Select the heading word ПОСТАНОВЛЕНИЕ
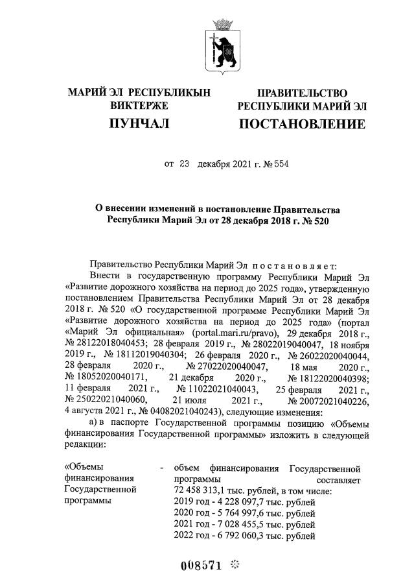pyautogui.click(x=302, y=124)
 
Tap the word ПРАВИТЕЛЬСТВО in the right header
pyautogui.click(x=302, y=93)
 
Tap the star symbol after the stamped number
pyautogui.click(x=235, y=565)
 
